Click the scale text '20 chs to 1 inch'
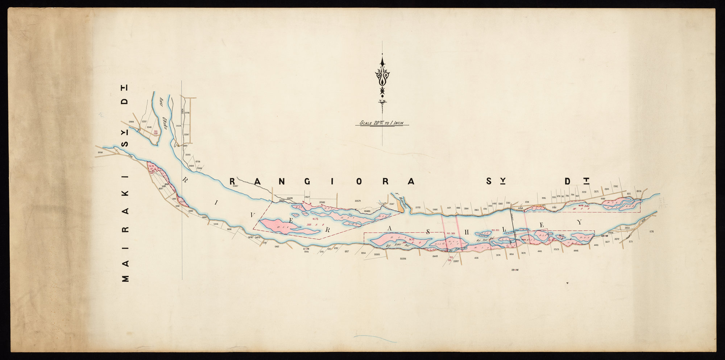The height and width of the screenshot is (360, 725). click(381, 123)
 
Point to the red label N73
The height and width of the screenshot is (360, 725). click(314, 219)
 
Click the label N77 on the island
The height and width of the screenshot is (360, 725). click(562, 236)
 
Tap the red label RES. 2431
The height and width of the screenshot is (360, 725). click(451, 233)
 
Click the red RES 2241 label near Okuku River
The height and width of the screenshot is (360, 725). click(156, 132)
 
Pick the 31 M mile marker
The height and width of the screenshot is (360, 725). click(307, 249)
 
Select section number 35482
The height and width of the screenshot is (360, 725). click(367, 211)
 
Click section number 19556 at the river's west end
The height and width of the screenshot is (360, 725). click(100, 153)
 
